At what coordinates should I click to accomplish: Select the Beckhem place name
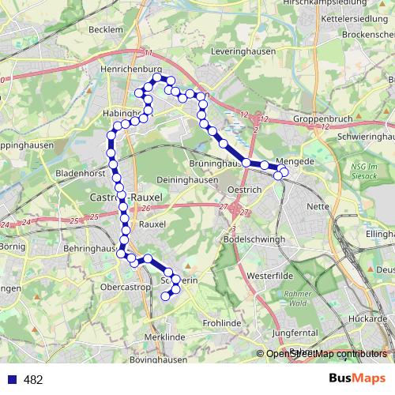(x=107, y=29)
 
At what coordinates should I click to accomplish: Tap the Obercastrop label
(x=126, y=286)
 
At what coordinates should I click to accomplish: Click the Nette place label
(x=317, y=205)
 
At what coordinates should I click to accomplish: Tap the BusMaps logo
(x=357, y=378)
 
